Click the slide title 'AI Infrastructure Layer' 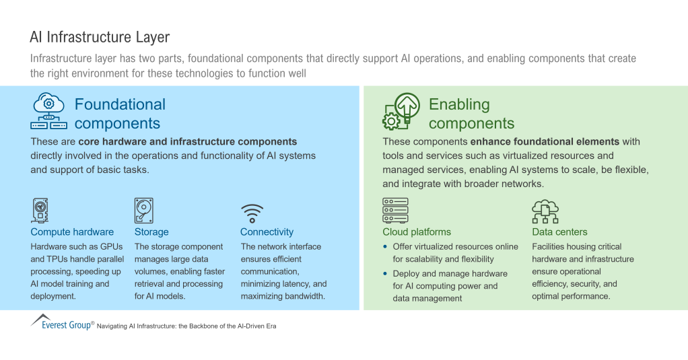100,37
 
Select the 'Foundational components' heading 119,114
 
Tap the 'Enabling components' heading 471,114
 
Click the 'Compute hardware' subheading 72,232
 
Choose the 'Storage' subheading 151,232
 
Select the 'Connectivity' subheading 267,232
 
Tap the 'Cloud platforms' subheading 417,232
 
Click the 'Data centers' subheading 559,232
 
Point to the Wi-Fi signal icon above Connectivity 252,213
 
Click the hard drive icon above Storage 143,211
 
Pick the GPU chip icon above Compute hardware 40,211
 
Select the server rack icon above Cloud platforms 395,211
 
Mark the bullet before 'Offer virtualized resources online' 386,247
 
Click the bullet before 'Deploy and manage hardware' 386,274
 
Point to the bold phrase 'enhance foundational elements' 545,142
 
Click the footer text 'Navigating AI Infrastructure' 186,326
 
